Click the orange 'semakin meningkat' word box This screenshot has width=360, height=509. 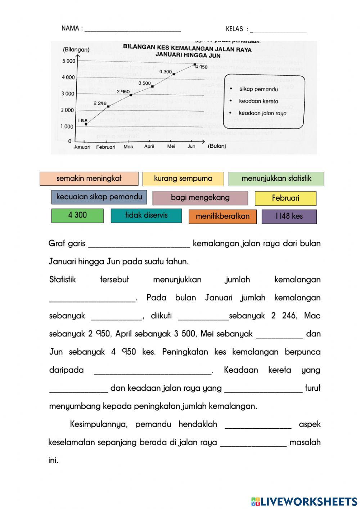coord(89,179)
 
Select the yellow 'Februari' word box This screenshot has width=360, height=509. coord(285,198)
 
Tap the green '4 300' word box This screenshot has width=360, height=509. coord(77,215)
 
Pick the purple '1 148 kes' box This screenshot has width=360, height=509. coord(289,216)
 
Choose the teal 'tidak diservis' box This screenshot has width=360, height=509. coord(146,215)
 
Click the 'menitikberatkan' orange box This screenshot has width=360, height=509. coord(222,216)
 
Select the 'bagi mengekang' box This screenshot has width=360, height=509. coord(200,198)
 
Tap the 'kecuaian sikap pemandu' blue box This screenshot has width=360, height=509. coord(99,197)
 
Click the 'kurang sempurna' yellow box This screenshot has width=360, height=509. coord(183,179)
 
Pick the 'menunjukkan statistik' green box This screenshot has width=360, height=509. coord(276,179)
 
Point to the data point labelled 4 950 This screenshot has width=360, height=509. coord(195,65)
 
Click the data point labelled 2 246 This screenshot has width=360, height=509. coord(108,106)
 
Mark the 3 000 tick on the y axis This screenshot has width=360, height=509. coord(68,94)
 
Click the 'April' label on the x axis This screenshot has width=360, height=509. coord(149,146)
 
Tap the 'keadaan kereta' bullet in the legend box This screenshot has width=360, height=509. coord(258,101)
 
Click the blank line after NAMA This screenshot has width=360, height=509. coord(132,29)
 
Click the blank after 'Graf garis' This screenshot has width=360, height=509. coord(139,244)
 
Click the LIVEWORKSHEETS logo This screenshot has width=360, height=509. coord(304,501)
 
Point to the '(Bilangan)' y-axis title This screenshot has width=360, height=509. coord(76,50)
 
